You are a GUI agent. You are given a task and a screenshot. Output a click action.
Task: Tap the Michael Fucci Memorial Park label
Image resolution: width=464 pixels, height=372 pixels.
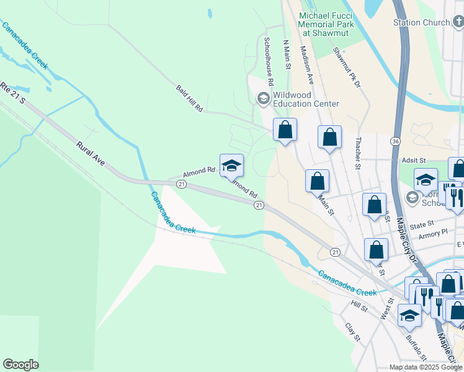click(x=326, y=24)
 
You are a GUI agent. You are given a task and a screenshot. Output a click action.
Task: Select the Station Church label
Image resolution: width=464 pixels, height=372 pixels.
click(x=421, y=23)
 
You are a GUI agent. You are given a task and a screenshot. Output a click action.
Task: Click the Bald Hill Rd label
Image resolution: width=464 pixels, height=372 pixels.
click(x=189, y=99)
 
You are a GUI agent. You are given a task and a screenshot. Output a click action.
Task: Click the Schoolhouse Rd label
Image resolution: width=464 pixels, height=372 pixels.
click(x=269, y=61)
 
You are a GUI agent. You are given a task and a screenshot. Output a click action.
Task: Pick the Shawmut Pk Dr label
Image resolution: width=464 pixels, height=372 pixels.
click(x=347, y=67)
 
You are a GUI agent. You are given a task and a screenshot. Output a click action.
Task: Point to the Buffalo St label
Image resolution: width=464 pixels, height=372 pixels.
click(x=416, y=348)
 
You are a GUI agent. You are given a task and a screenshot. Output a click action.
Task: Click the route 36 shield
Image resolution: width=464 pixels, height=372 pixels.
click(x=395, y=141)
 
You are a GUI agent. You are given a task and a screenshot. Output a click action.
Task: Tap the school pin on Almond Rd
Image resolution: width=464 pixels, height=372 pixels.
click(x=231, y=165)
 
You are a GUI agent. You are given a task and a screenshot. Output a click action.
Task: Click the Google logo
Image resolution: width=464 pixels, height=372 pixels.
click(x=20, y=365)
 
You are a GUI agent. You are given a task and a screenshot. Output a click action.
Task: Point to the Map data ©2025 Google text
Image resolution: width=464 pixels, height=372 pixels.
click(x=425, y=367)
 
